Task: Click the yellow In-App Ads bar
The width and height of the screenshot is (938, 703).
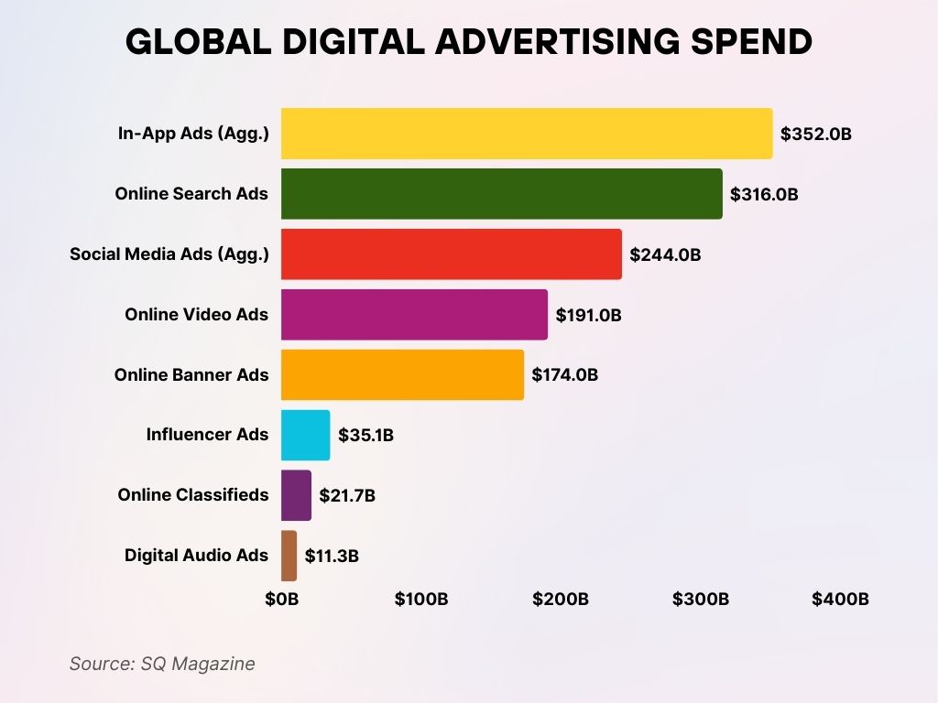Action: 527,134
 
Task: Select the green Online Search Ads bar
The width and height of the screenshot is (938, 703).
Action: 501,194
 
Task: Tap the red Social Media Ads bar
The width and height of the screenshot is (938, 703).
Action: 451,254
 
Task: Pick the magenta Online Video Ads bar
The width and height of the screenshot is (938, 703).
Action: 414,314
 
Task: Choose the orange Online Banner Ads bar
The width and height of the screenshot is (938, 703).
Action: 402,374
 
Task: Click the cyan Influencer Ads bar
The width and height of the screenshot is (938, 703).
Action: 305,435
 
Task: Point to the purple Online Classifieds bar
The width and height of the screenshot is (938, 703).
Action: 296,495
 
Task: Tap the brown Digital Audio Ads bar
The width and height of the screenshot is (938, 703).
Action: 289,556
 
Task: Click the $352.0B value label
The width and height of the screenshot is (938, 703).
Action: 816,134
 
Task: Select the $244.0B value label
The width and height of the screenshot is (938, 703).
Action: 665,254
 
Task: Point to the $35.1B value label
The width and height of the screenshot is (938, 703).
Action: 365,435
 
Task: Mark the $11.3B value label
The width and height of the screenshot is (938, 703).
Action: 332,556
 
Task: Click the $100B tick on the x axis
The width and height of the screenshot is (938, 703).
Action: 421,600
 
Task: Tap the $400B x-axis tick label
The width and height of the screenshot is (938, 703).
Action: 840,600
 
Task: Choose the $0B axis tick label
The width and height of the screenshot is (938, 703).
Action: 281,600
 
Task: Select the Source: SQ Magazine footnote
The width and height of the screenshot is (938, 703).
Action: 162,664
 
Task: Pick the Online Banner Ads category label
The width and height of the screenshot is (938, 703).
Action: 191,374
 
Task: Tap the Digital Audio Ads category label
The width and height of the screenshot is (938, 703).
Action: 197,555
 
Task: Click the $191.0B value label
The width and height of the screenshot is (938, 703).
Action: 589,315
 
